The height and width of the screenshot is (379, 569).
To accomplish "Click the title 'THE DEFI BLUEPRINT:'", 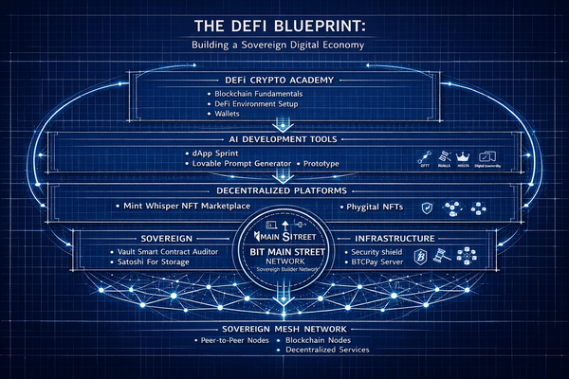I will (284, 24).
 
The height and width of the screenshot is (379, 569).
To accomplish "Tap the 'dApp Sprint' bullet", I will (221, 153).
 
